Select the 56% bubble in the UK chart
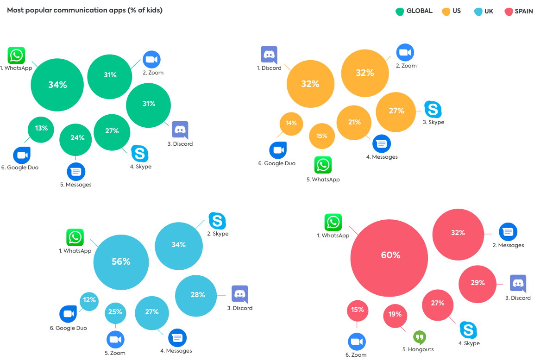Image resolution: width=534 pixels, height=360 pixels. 121,262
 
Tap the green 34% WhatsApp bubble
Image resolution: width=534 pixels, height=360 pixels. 57,85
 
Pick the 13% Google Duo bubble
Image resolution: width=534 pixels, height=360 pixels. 41,129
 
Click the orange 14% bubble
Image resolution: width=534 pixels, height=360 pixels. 291,124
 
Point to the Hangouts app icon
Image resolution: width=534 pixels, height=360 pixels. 420,337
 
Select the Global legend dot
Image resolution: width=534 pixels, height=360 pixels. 399,11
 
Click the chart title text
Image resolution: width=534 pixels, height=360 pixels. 85,10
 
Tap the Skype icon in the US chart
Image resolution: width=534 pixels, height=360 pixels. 433,110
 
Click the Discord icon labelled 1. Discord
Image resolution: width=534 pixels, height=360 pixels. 269,55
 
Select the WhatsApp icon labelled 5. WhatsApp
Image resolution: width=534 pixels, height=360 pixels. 323,165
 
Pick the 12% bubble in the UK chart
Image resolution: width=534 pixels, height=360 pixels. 89,301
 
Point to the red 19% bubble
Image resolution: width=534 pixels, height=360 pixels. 395,315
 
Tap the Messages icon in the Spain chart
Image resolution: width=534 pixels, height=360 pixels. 508,232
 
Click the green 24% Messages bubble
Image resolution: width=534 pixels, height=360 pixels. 75,138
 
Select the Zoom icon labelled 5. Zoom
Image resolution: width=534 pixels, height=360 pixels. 115,340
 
